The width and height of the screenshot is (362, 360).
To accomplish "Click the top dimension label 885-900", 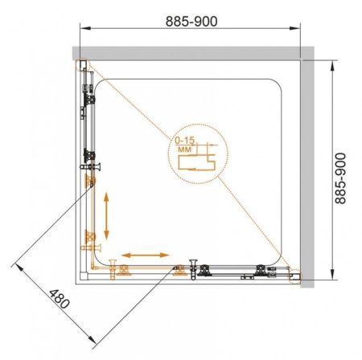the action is (191, 21).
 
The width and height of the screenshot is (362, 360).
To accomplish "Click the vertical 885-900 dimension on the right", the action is (341, 178).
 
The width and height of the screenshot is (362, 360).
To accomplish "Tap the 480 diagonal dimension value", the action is (60, 299).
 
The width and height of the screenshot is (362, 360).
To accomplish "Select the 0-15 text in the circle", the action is (184, 140).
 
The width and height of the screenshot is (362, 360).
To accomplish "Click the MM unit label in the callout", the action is (184, 149).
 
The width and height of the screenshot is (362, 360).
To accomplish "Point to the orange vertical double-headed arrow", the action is (106, 216).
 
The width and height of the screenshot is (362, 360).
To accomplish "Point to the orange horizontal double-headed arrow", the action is (146, 255).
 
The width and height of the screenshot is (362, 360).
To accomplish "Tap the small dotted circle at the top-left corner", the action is (82, 65).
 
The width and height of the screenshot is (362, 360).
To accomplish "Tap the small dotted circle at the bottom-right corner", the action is (295, 276).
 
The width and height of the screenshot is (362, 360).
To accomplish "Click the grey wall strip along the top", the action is (193, 53).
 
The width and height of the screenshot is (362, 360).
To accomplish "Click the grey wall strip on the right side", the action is (307, 174).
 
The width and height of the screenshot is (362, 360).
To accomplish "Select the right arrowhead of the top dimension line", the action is (294, 28).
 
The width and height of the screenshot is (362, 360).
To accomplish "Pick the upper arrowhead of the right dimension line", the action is (332, 66).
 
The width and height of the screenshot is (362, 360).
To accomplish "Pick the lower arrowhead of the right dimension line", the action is (332, 274).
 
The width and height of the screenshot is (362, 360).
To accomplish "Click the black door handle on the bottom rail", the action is (193, 269).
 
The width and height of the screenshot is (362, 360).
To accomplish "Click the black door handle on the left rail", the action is (90, 167).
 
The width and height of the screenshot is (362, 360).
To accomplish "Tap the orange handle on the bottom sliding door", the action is (113, 269).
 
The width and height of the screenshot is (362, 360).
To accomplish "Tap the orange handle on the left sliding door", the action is (91, 247).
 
